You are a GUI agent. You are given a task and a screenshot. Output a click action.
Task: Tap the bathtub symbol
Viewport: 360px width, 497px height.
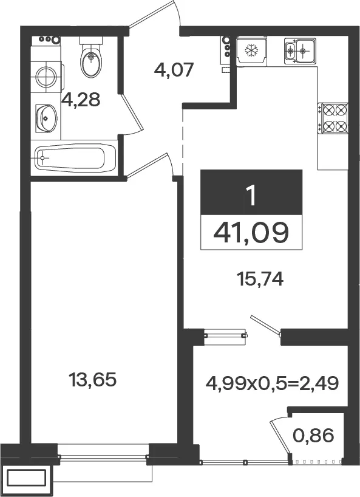[75, 157]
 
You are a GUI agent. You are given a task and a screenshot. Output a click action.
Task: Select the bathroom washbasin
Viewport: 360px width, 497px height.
[46, 118]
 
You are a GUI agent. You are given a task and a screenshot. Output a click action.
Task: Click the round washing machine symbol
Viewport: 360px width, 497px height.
[47, 77]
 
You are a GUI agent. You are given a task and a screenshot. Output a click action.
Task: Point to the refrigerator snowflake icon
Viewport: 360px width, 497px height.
[252, 50]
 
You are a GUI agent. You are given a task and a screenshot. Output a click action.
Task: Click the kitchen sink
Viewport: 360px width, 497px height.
[300, 50]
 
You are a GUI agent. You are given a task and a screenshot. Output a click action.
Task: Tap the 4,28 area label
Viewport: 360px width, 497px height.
[81, 100]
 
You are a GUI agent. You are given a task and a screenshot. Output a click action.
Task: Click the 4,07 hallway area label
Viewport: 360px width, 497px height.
[174, 70]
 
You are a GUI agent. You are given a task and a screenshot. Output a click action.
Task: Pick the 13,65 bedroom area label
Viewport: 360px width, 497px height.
[92, 379]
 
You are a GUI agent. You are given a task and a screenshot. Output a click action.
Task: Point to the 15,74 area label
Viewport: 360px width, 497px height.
[260, 279]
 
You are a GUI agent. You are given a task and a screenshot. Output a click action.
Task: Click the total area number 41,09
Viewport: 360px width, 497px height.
[251, 232]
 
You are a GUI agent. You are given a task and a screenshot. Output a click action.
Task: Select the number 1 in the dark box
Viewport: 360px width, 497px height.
[252, 196]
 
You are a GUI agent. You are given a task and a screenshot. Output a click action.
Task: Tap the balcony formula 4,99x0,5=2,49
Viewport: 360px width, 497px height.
[273, 383]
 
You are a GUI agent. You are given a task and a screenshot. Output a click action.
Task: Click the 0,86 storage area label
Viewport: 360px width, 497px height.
[313, 435]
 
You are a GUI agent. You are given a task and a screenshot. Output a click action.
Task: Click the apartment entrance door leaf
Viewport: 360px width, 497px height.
[153, 14]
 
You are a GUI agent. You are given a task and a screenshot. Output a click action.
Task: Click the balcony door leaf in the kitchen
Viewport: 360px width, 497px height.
[265, 324]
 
